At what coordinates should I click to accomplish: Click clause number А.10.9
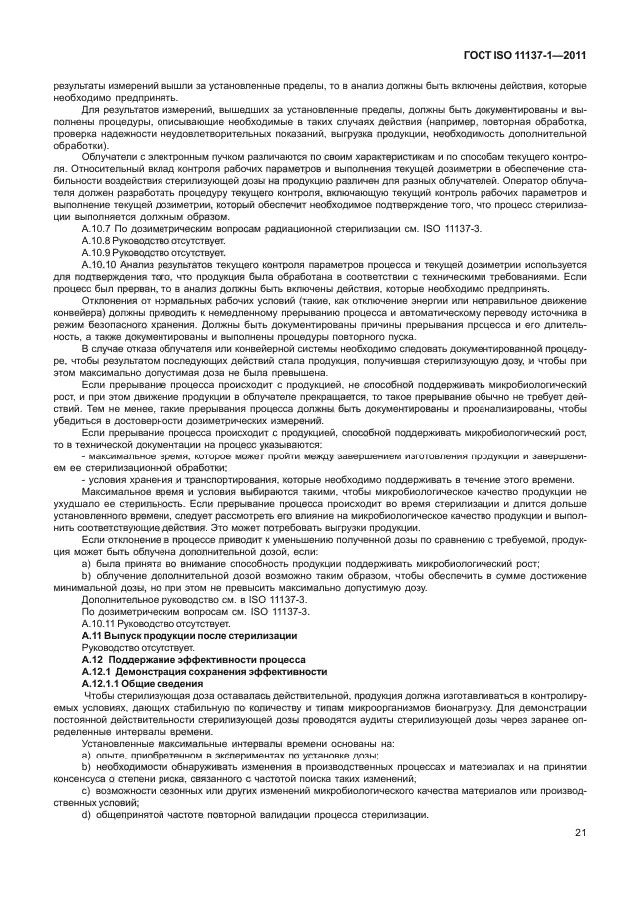tap(99, 253)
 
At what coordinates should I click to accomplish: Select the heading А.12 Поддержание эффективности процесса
tap(165, 659)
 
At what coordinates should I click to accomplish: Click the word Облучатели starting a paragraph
tap(106, 156)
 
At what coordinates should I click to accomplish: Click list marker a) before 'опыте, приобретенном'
tap(86, 755)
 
